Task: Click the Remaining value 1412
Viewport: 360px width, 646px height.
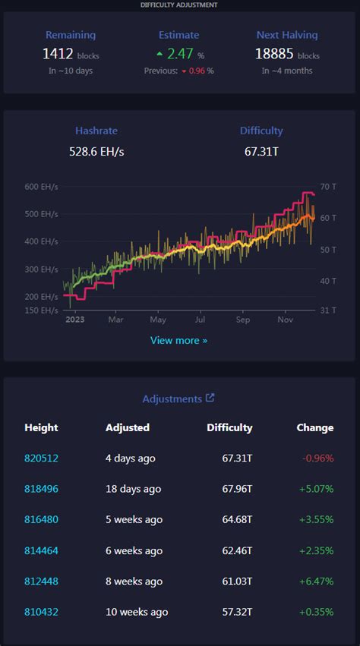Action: coord(57,54)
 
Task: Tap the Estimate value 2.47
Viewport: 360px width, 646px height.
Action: coord(180,54)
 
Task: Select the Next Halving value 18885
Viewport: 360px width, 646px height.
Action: coord(276,54)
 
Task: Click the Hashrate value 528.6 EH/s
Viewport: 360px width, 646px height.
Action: coord(96,152)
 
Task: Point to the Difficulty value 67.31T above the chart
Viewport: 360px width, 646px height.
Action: coord(261,152)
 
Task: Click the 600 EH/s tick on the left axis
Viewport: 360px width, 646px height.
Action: coord(41,187)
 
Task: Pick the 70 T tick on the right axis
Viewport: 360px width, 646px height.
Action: coord(328,187)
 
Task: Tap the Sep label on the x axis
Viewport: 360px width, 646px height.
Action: coord(243,320)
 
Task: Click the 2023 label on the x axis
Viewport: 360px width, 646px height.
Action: coord(74,320)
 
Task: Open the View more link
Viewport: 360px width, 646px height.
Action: coord(178,340)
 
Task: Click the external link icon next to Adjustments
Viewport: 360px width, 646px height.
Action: coord(210,398)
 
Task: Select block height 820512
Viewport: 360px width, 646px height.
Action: coord(41,458)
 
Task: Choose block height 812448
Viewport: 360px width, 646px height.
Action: coord(41,581)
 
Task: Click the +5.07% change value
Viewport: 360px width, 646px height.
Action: coord(316,489)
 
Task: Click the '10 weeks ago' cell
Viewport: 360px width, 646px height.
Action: coord(137,612)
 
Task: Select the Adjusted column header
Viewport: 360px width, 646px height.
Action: coord(128,427)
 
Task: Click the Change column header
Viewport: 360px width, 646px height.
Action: coord(314,427)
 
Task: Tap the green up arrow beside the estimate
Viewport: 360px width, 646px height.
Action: coord(159,55)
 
